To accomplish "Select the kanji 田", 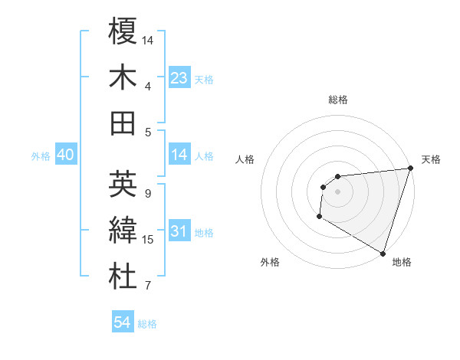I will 123,123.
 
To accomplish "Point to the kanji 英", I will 123,184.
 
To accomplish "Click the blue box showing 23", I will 179,77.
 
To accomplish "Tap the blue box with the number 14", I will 179,155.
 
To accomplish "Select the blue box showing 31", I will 179,232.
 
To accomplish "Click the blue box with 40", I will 65,155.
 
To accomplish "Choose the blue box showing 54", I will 122,322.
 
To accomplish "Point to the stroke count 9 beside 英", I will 148,194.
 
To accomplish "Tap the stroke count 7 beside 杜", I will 148,287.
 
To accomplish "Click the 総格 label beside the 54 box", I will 147,324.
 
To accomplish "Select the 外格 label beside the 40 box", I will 41,156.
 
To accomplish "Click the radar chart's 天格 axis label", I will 431,159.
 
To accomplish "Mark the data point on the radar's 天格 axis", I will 410,169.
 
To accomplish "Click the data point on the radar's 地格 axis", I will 383,252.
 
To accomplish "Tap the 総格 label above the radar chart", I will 337,100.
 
